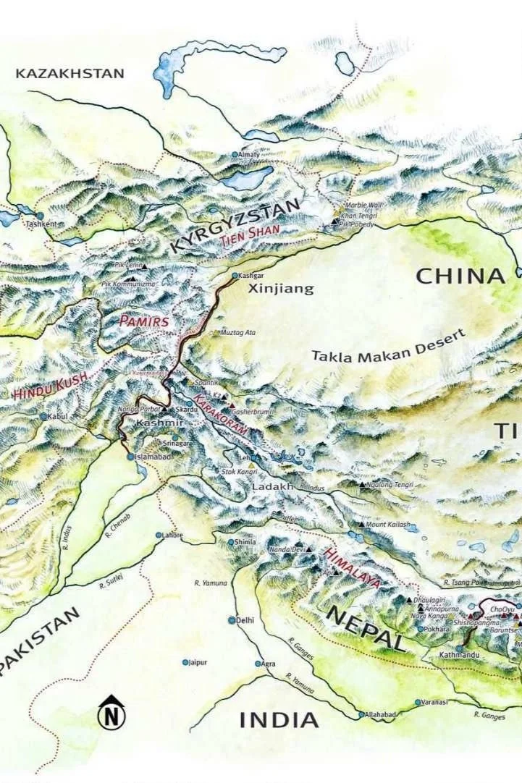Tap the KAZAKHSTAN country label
[x=70, y=73]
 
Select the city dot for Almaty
[x=235, y=155]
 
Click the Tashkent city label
[x=41, y=224]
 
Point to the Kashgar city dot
[x=235, y=276]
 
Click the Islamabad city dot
[x=130, y=457]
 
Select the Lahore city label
[x=174, y=536]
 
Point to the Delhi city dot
[x=232, y=620]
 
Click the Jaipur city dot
[x=185, y=661]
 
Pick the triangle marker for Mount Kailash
[x=362, y=524]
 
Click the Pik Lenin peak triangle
[x=144, y=266]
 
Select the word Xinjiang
[x=281, y=289]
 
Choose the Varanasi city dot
[x=418, y=702]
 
